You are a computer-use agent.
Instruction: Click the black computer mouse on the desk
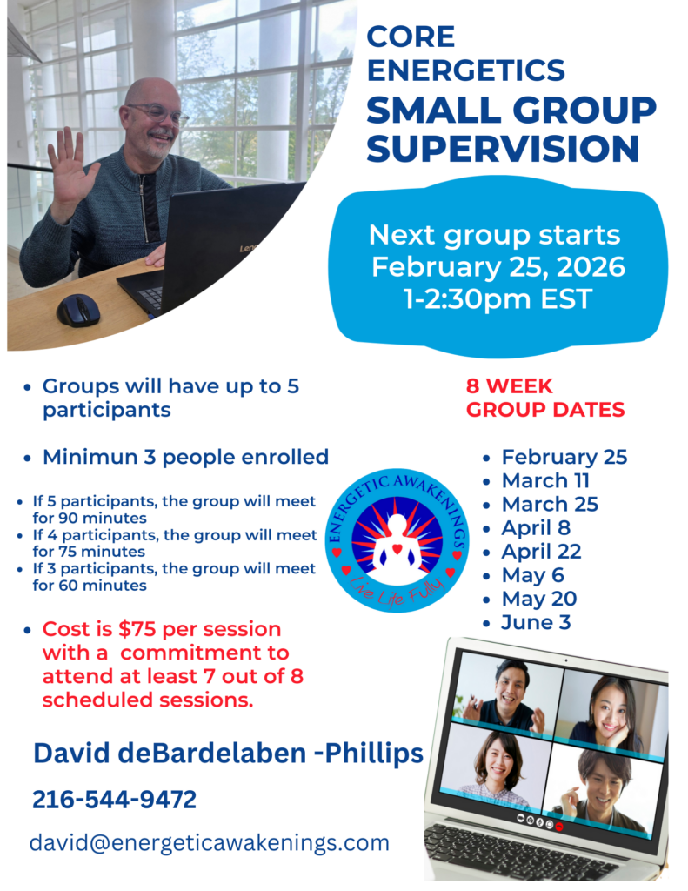click(78, 311)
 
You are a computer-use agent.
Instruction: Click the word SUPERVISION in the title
click(504, 148)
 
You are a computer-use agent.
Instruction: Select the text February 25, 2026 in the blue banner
click(498, 266)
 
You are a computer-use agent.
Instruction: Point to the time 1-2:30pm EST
click(498, 299)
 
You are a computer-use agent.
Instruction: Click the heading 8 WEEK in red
click(509, 385)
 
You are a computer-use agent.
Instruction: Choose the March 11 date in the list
click(545, 480)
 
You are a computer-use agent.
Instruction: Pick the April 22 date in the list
click(541, 551)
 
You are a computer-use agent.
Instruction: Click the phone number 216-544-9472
click(115, 800)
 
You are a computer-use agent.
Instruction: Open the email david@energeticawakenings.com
click(210, 842)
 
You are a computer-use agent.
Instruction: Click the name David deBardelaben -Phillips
click(229, 754)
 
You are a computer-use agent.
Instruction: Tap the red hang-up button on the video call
click(559, 826)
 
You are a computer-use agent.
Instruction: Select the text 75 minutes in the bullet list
click(89, 552)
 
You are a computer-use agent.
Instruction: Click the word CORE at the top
click(411, 37)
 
